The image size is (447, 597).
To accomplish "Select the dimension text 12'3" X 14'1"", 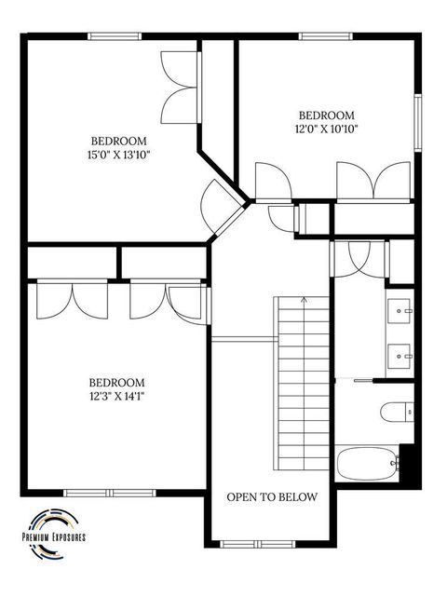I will click(116, 395).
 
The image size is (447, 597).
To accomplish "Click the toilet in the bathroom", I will click(394, 410).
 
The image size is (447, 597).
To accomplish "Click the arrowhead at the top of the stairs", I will click(303, 301).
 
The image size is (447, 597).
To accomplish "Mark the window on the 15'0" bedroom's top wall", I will click(115, 36).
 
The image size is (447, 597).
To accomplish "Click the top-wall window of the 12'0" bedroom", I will click(326, 36).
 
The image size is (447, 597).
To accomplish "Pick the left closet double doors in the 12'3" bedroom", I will click(73, 300).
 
